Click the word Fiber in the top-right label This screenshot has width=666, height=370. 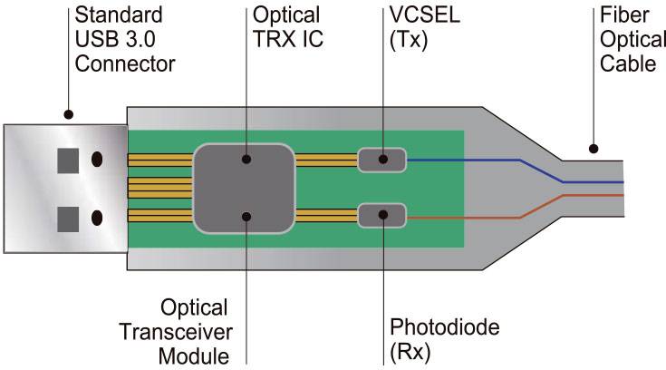(622, 16)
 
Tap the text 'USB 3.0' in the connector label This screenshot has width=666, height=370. (111, 41)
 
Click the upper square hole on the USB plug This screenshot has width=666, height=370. (68, 161)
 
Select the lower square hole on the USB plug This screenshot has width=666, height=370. (68, 219)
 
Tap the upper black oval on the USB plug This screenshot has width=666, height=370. (97, 161)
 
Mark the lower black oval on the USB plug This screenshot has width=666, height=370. (97, 219)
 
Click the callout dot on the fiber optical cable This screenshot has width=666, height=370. (594, 148)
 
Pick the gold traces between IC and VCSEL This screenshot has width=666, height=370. (326, 161)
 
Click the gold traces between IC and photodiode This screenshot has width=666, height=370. (326, 216)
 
